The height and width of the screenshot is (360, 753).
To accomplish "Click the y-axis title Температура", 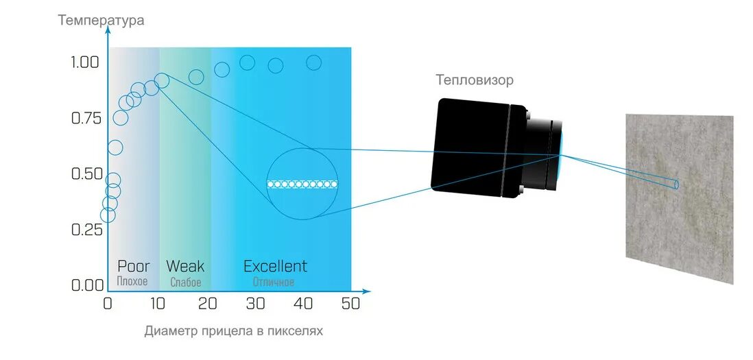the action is coord(101,20).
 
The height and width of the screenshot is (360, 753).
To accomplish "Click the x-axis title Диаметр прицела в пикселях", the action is coord(233,331).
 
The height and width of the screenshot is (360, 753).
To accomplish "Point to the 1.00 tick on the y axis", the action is coord(86,62).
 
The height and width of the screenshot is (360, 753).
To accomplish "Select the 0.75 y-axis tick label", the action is coord(86,118).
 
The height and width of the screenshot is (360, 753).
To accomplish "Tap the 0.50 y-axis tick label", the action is coord(86,173).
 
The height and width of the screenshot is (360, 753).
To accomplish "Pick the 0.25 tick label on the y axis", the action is coord(86,229).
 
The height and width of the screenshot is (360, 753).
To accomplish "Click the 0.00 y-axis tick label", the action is coord(86,285).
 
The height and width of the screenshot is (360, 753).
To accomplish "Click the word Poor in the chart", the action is coord(133,266).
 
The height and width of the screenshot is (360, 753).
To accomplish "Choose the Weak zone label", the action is coord(185,266).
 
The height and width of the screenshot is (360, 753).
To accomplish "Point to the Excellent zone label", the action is coord(275,266).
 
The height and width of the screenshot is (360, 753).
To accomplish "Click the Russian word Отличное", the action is coord(274,282).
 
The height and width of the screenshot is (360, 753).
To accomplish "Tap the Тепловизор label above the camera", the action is coord(475,80).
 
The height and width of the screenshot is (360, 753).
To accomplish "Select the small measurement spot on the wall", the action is coord(676,184).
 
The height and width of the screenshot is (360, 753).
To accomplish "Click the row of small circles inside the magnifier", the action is coord(302,184).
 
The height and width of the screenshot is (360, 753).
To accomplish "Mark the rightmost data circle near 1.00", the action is coord(313,63).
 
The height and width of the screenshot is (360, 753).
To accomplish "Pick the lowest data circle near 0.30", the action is coord(108,215).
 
